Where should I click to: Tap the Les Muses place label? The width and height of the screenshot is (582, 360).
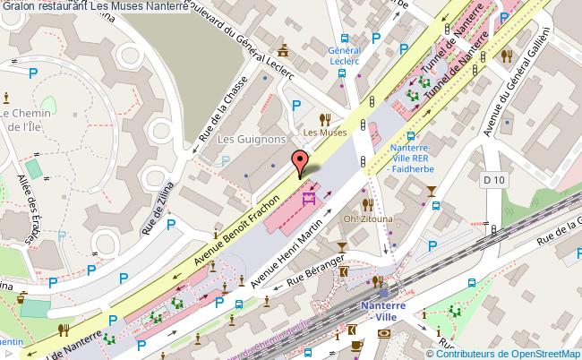point(324,133)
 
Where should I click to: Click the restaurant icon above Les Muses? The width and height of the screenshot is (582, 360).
point(328,117)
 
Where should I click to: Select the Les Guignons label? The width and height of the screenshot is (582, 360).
point(252,140)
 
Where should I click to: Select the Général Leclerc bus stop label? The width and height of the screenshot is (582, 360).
point(344,56)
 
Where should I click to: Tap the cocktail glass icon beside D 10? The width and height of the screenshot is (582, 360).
point(432,189)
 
